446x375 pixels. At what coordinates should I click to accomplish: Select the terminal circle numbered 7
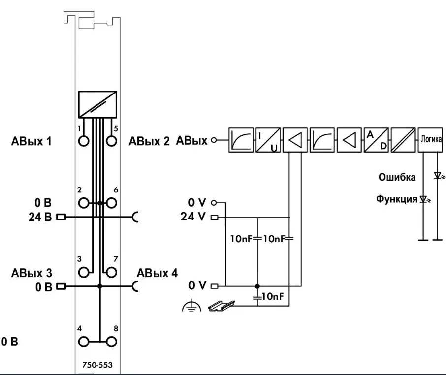(112, 272)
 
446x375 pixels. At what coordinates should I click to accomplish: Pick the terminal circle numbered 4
(85, 341)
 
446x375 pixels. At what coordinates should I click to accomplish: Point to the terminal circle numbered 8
(112, 341)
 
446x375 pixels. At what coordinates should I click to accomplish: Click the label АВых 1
(32, 142)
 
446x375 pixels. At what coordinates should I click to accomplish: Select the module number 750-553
(96, 366)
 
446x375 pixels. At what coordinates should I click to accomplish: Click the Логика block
(431, 140)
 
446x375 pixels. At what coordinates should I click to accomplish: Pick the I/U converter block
(268, 141)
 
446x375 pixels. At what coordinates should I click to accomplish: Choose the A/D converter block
(376, 141)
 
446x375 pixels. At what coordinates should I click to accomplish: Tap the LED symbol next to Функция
(423, 200)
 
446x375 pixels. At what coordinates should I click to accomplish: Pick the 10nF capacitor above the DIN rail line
(257, 297)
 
